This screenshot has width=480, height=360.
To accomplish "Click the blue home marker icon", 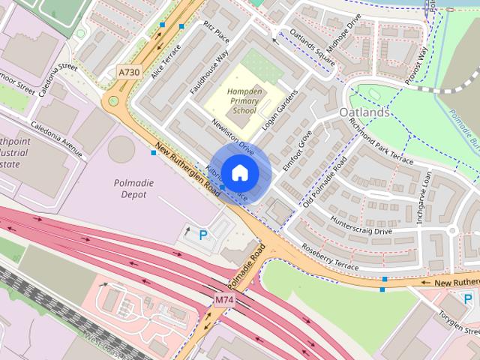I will point(238,172).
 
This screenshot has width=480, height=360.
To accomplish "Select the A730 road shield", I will point(129,71).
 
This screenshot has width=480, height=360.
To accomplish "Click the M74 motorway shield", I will point(224,299).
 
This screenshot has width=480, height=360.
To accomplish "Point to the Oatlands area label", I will point(364,112).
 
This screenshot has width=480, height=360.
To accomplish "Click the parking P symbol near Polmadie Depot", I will point(203,235).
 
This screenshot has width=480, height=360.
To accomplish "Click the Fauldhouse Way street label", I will point(209,72).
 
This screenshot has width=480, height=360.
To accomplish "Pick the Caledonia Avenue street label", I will point(56,135).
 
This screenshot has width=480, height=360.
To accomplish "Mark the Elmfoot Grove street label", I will point(297,151).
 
